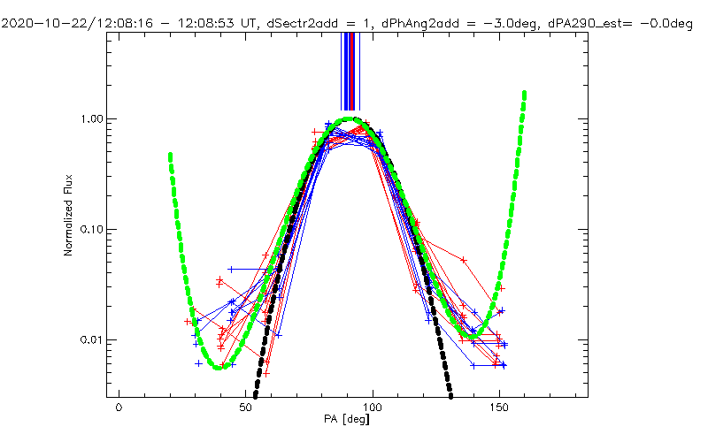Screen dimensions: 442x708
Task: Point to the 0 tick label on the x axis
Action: click(119, 408)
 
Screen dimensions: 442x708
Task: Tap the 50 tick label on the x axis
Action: click(246, 408)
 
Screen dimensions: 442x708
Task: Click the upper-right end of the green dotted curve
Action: click(525, 93)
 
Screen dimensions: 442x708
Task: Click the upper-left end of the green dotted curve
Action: click(169, 155)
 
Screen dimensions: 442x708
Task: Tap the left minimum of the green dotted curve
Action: click(218, 366)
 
